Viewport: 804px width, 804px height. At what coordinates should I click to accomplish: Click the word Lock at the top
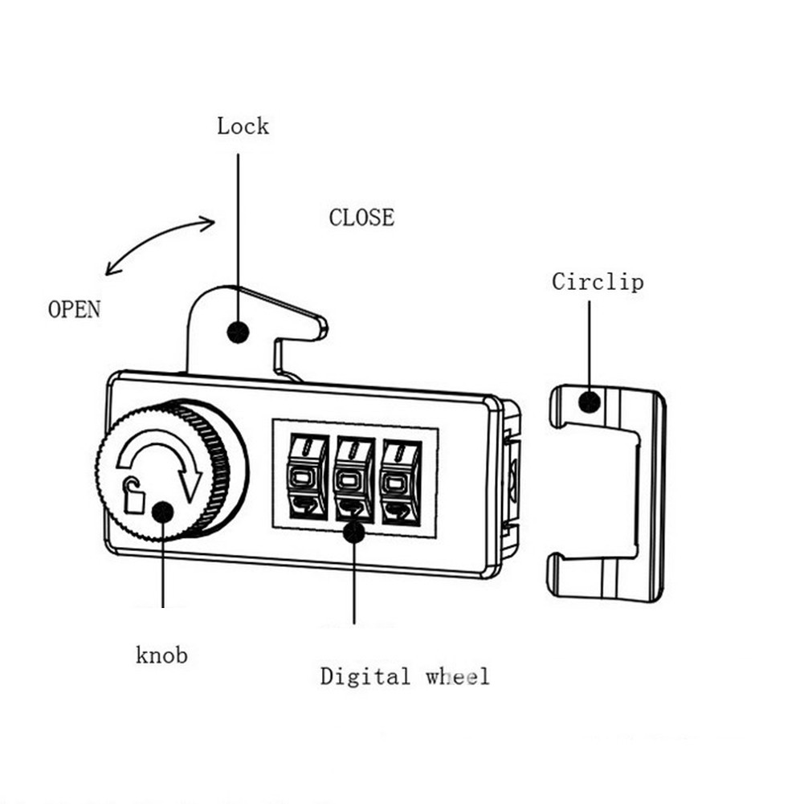243,126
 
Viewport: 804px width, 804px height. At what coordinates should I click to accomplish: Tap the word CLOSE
361,218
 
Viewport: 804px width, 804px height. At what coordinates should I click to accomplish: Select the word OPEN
75,309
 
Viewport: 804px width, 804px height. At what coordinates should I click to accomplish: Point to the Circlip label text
598,281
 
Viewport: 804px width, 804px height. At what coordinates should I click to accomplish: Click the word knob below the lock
161,655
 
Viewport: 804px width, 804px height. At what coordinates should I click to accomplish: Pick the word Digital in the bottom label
365,675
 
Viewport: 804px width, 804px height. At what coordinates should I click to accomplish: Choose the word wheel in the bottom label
457,676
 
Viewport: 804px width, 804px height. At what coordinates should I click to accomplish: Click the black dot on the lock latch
238,333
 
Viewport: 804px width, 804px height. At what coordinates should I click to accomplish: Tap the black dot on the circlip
590,402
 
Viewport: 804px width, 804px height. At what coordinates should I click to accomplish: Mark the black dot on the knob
162,512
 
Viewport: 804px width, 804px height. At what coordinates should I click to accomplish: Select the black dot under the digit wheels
353,532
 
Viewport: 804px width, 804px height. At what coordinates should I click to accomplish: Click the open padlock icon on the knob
133,496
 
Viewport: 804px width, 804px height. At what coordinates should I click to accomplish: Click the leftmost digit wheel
307,477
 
